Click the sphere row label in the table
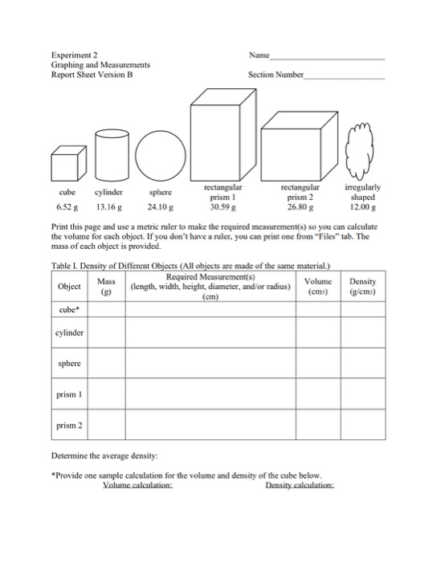[x=68, y=363]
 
